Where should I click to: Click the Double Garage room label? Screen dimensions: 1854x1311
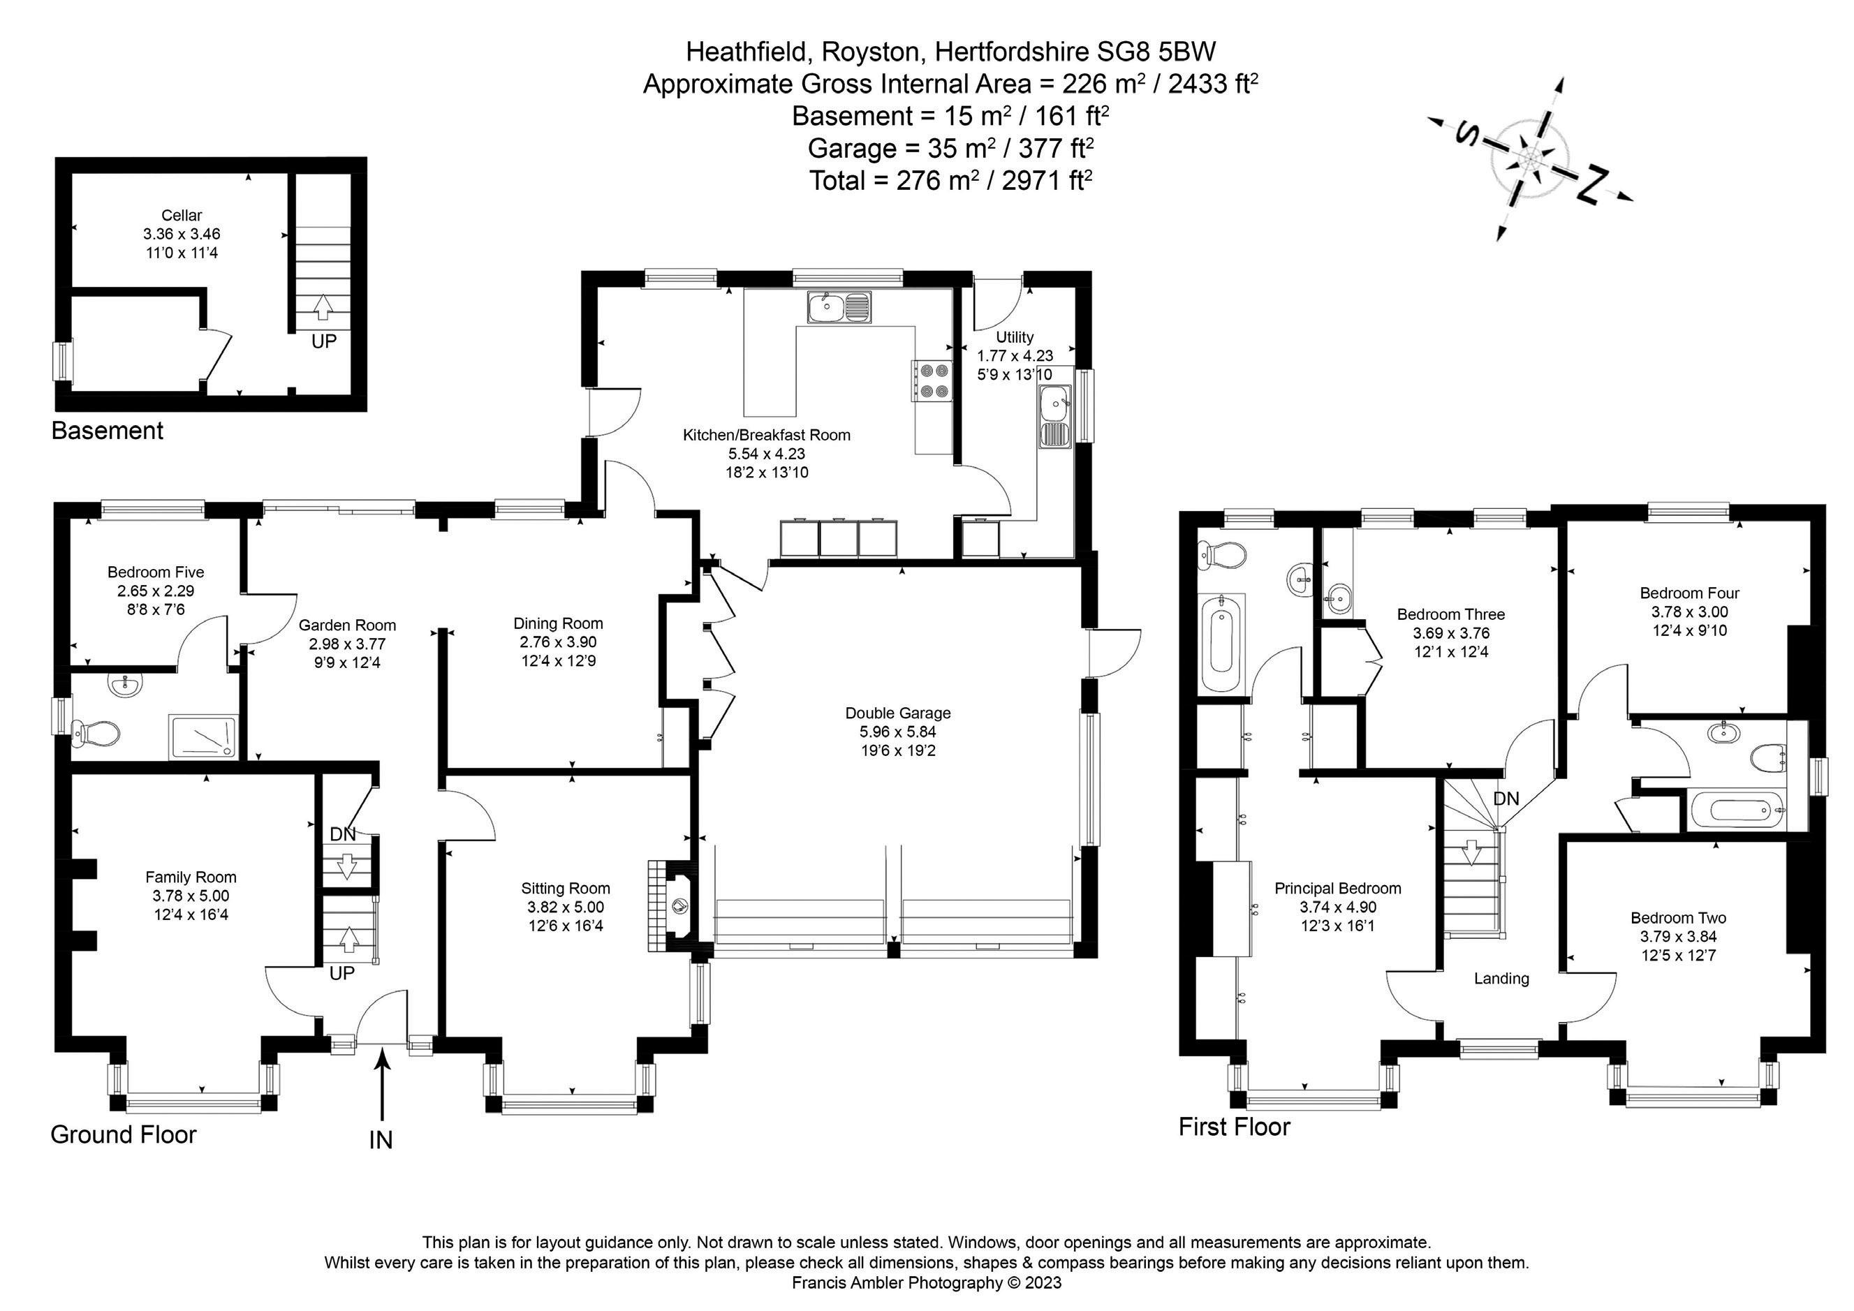point(898,713)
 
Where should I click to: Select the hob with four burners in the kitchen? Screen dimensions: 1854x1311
point(931,380)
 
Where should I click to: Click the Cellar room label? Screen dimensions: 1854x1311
point(182,216)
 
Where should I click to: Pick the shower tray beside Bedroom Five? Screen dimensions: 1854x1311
point(203,737)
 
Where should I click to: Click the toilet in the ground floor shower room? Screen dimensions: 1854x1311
point(95,734)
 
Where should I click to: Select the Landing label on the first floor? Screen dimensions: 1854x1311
point(1502,979)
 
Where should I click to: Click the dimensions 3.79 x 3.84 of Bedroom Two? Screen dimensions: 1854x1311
point(1678,938)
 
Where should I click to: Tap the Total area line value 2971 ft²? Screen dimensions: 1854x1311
point(1047,180)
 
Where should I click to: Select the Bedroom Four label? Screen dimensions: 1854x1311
point(1689,593)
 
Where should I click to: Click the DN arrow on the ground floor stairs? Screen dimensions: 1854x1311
point(347,866)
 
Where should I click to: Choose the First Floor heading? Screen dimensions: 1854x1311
point(1235,1127)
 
